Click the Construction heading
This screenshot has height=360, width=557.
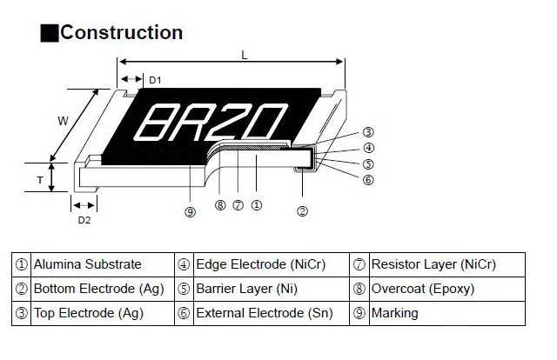tap(121, 33)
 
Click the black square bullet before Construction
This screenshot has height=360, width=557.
tap(50, 33)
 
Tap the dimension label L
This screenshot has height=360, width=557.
tap(245, 55)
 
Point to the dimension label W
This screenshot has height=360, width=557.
tap(63, 122)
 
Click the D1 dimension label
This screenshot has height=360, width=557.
tap(155, 80)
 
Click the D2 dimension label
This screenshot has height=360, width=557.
tap(84, 220)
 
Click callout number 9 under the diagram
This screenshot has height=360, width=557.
tap(190, 212)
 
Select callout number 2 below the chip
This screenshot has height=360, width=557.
tap(302, 211)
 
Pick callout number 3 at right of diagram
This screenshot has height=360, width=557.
tap(368, 132)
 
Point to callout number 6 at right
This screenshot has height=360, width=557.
tap(368, 180)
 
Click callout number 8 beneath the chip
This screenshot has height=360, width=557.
tap(219, 205)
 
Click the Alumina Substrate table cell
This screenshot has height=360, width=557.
tap(87, 264)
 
